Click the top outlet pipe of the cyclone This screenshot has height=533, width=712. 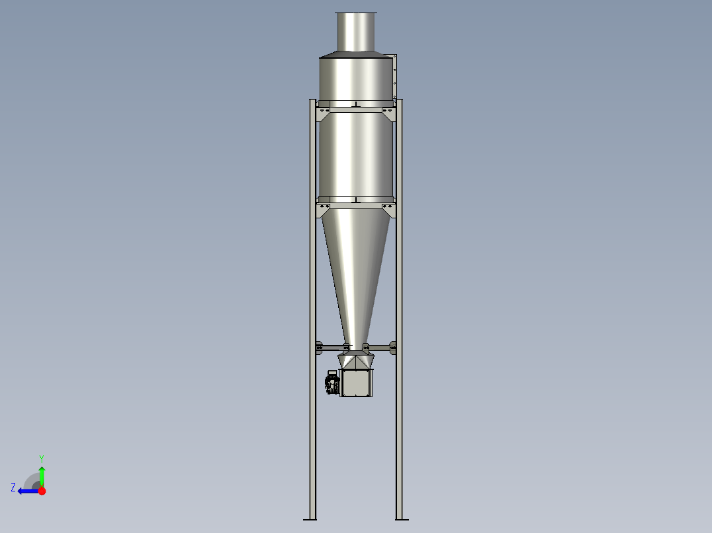pos(356,32)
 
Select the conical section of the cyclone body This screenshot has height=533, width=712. pos(356,264)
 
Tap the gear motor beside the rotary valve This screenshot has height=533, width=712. pos(332,383)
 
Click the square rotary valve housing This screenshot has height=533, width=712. pos(357,383)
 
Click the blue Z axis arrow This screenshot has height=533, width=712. pos(28,491)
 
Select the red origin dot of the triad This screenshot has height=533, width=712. pos(42,491)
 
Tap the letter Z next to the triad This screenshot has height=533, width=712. pos(13,487)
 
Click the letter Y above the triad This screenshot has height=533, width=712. pos(42,457)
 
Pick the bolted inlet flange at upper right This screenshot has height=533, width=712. pos(395,76)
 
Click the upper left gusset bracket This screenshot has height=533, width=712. pos(324,113)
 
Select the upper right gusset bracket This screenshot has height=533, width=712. pos(388,113)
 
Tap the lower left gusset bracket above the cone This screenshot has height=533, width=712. pos(324,210)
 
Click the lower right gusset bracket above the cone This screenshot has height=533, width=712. pos(388,210)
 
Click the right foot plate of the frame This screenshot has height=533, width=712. pos(400,518)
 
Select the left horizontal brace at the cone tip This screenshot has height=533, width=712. pos(330,346)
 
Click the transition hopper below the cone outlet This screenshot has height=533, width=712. pos(357,361)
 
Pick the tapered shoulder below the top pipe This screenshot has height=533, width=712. pos(356,54)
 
